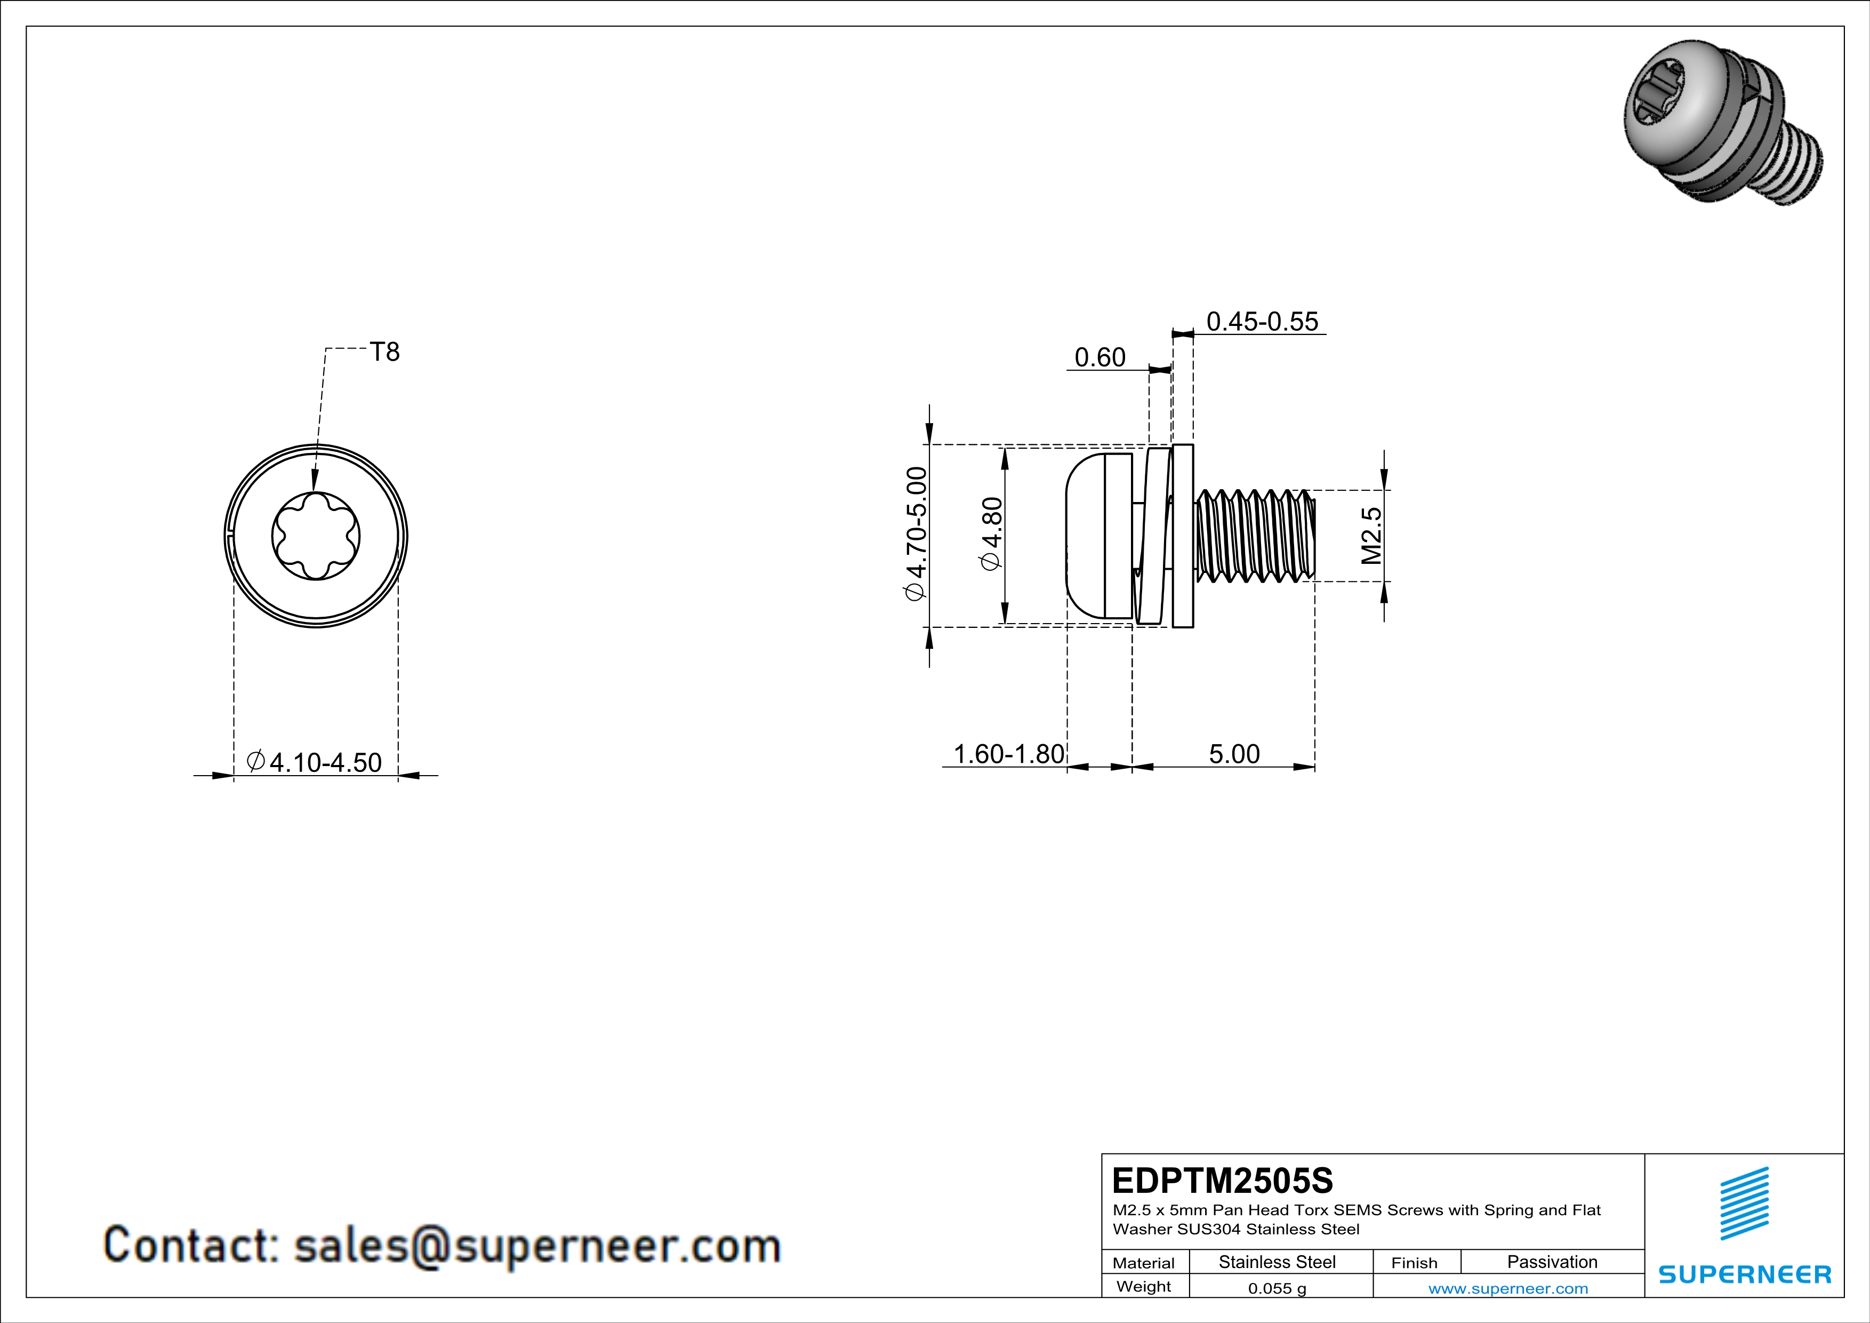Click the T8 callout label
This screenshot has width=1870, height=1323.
(384, 352)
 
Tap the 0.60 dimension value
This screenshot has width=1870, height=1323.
(1099, 357)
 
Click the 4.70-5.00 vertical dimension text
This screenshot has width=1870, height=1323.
(916, 533)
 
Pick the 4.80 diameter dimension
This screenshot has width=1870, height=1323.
(992, 535)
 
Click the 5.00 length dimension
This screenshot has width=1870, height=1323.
(1234, 754)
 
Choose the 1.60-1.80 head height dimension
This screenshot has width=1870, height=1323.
(1008, 754)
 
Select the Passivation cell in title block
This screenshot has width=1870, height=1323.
(1552, 1262)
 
